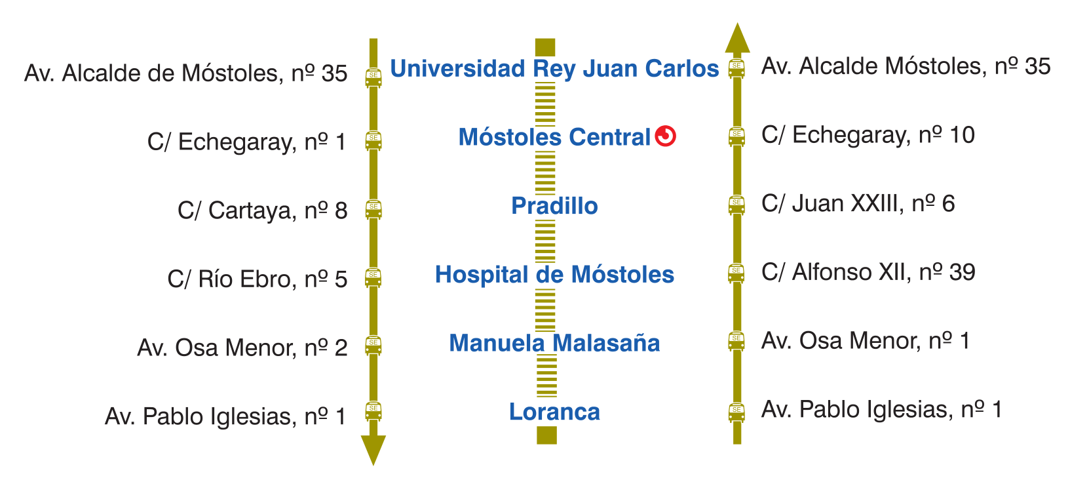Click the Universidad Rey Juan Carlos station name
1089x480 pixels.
click(554, 69)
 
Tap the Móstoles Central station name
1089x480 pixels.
click(554, 137)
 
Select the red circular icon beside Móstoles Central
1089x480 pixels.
click(665, 136)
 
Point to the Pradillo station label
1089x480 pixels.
click(554, 206)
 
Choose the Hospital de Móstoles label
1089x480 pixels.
click(554, 274)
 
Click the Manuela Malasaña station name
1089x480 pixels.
click(554, 343)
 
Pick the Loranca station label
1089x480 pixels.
click(554, 412)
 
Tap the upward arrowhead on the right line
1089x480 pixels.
click(737, 37)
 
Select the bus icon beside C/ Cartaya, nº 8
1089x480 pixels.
click(373, 209)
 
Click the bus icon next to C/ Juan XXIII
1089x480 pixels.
click(736, 205)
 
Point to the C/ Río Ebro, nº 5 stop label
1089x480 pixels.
click(257, 279)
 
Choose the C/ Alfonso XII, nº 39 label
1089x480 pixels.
click(868, 272)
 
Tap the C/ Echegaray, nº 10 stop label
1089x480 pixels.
click(868, 135)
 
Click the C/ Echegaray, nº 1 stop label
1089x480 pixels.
click(247, 142)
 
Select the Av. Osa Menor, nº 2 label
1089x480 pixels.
click(242, 348)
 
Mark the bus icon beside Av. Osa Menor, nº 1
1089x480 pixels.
click(736, 341)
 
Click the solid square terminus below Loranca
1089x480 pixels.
click(546, 435)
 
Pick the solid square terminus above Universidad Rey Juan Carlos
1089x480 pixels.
click(545, 47)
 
